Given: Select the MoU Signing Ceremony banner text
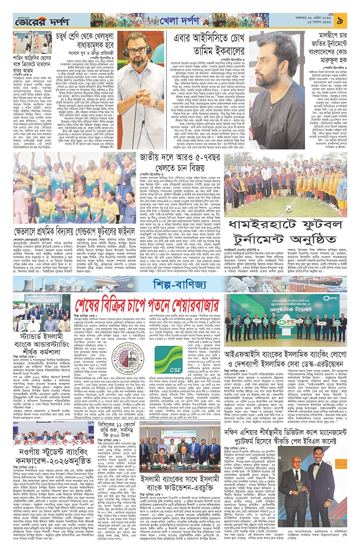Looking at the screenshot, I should pos(179,438).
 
